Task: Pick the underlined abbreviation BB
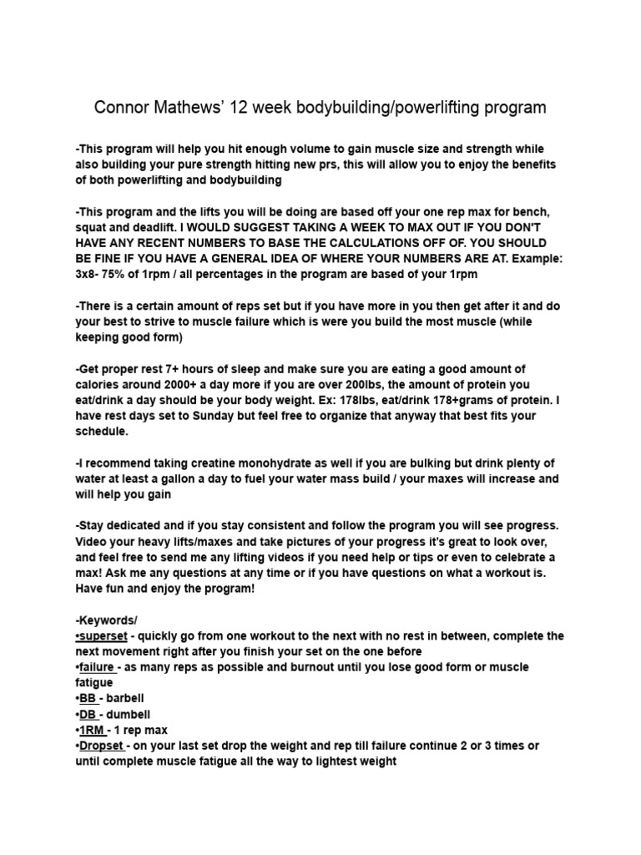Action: (x=88, y=699)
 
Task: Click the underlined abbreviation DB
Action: (x=88, y=715)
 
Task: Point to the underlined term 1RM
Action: (x=92, y=731)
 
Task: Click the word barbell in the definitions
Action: (x=128, y=699)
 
